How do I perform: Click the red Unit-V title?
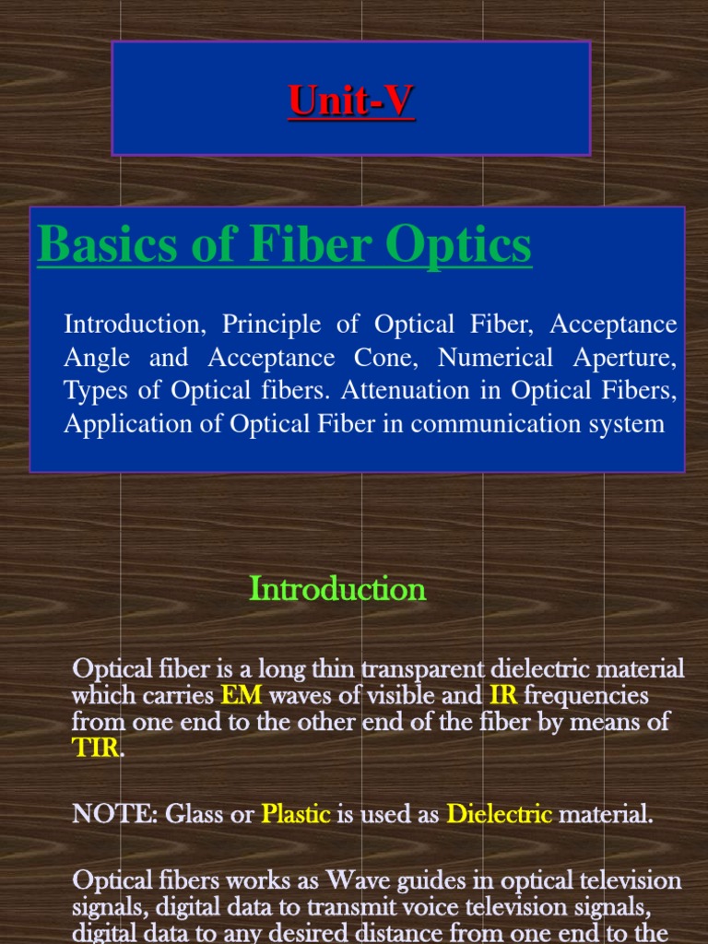pyautogui.click(x=351, y=100)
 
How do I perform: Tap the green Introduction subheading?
pyautogui.click(x=337, y=589)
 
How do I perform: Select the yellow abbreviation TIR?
pyautogui.click(x=95, y=748)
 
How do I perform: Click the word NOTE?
pyautogui.click(x=101, y=815)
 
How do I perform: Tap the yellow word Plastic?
pyautogui.click(x=296, y=815)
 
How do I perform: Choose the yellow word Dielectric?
pyautogui.click(x=499, y=815)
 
